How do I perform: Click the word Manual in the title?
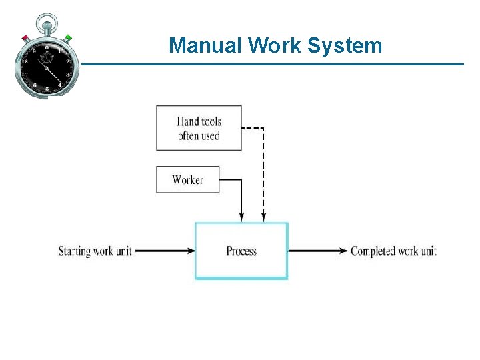point(205,45)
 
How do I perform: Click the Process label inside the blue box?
point(241,251)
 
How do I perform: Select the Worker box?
point(187,179)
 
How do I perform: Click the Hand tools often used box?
point(199,128)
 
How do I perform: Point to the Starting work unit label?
point(95,251)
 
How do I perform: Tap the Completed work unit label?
point(393,251)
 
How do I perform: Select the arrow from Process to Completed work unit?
point(318,251)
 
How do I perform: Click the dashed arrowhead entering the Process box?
point(264,216)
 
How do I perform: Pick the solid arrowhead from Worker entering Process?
point(241,216)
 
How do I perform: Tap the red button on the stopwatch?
point(25,38)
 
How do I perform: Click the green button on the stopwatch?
point(68,38)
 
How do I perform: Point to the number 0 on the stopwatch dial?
point(47,47)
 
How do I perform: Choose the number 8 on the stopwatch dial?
point(26,61)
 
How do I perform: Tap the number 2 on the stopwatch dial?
point(67,61)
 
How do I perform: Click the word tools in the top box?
point(209,121)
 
